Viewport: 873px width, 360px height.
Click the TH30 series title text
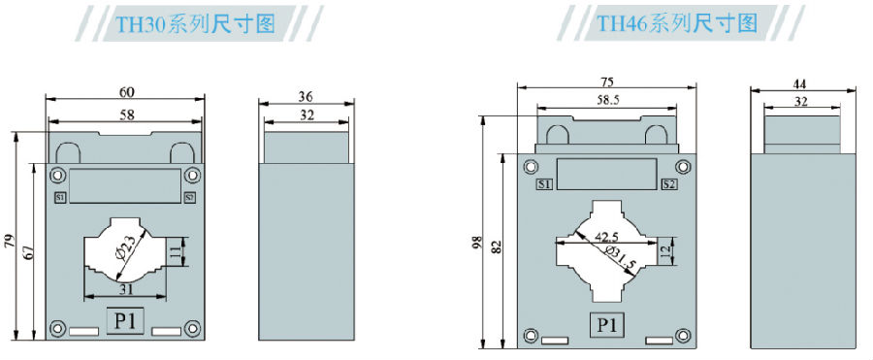click(195, 23)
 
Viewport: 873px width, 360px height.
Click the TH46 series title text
click(677, 23)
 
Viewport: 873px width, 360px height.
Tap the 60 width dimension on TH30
click(127, 91)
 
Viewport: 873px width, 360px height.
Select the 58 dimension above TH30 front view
click(127, 115)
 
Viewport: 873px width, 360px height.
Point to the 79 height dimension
click(10, 242)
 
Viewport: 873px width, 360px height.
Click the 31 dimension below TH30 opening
click(125, 289)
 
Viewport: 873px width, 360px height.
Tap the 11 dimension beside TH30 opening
click(175, 252)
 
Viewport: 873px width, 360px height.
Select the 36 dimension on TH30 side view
click(306, 96)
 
